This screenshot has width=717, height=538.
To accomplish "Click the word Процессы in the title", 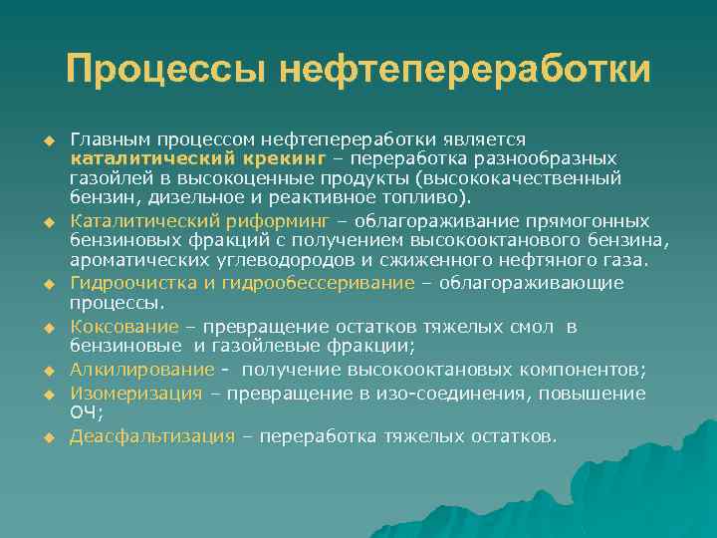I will click(x=164, y=70).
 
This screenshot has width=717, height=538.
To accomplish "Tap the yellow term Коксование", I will click(x=124, y=327).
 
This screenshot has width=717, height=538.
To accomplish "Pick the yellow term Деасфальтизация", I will click(x=152, y=436).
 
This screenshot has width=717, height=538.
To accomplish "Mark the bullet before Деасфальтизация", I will click(x=47, y=437).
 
